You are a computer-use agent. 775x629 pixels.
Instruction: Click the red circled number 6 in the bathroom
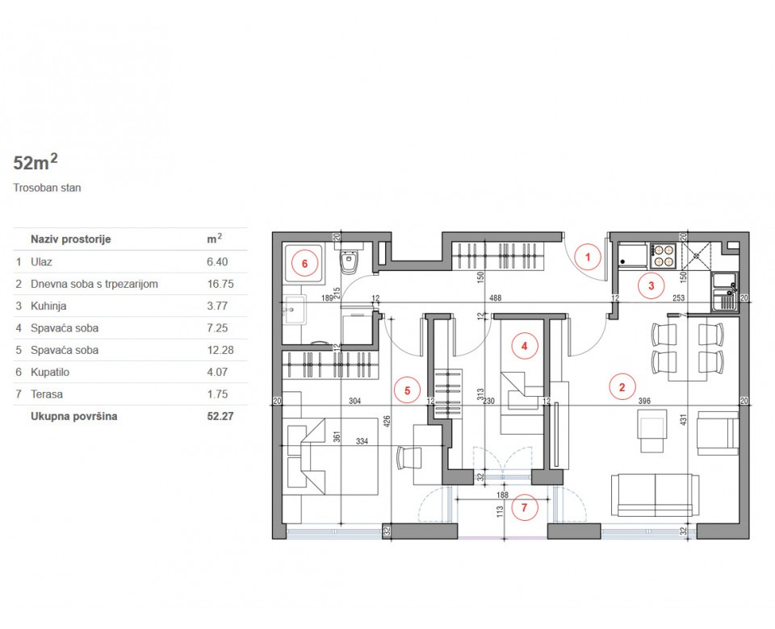click(x=304, y=264)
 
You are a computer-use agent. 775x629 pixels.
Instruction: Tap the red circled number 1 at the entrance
click(x=588, y=257)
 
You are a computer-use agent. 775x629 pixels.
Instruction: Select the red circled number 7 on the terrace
click(x=525, y=507)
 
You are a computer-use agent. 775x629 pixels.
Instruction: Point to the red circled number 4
click(x=525, y=346)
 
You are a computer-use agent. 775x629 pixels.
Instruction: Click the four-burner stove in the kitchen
click(x=663, y=256)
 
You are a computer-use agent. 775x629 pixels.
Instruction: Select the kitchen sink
click(x=724, y=292)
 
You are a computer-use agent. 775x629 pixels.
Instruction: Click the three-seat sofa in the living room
click(x=656, y=495)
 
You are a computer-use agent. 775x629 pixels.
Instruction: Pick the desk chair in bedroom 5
click(x=410, y=459)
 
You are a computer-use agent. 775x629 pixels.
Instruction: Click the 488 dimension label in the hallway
click(x=495, y=298)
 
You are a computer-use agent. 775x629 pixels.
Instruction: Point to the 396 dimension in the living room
click(x=644, y=401)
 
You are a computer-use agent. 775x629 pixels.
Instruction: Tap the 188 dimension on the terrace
click(x=502, y=494)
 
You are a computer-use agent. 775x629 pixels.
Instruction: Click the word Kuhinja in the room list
click(x=48, y=306)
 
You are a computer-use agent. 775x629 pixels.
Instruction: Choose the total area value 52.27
click(x=220, y=416)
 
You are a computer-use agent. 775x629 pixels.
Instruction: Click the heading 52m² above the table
click(x=36, y=162)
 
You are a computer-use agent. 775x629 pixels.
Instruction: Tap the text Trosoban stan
click(x=47, y=188)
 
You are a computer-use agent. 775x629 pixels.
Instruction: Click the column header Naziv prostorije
click(x=71, y=240)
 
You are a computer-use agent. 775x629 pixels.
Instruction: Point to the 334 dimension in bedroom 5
click(x=362, y=441)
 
